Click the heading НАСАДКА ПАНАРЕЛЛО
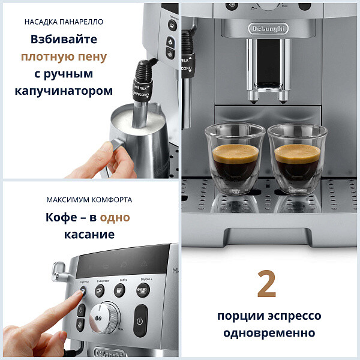64,22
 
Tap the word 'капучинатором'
64,91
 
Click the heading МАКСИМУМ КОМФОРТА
89,200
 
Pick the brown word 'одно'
115,217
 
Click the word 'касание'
89,234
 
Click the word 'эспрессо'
295,316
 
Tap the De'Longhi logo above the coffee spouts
268,28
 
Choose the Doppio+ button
142,291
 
